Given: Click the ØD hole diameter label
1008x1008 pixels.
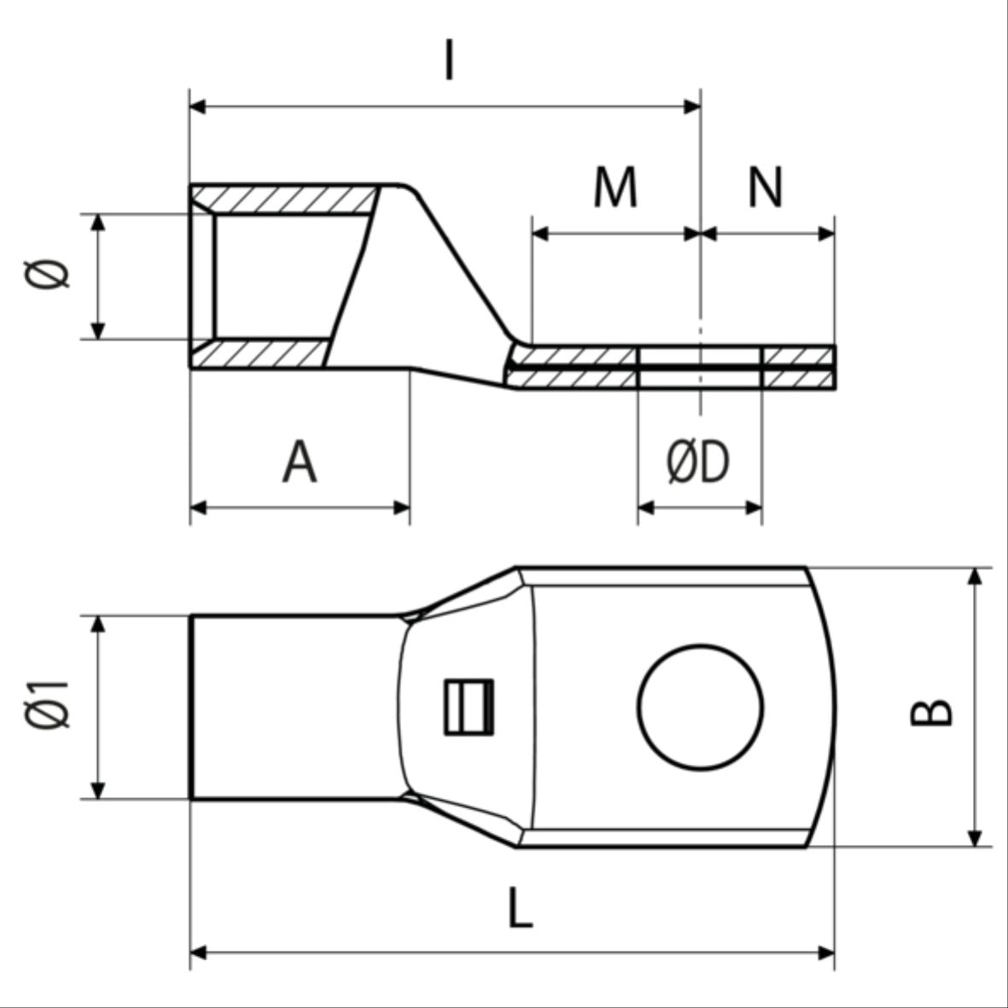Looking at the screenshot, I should (x=698, y=463).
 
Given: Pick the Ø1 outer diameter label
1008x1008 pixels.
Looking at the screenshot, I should (x=48, y=706).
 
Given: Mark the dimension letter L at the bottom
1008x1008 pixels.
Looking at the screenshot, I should (x=520, y=908).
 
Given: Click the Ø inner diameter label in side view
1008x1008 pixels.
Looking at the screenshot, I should (x=50, y=275).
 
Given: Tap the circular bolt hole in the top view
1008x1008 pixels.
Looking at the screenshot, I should (x=700, y=708).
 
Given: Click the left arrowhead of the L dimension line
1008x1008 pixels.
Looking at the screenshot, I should (x=198, y=952).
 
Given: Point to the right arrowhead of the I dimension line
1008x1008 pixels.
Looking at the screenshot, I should (x=691, y=107).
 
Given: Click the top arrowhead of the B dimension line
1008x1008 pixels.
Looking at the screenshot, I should (x=976, y=577).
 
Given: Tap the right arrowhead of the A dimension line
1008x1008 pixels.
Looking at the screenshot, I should (x=401, y=508).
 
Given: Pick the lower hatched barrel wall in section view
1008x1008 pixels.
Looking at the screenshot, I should (x=265, y=353).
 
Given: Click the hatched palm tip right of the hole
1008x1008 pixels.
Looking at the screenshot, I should (x=798, y=368).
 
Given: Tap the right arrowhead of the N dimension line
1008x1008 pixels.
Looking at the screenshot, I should (x=825, y=233).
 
